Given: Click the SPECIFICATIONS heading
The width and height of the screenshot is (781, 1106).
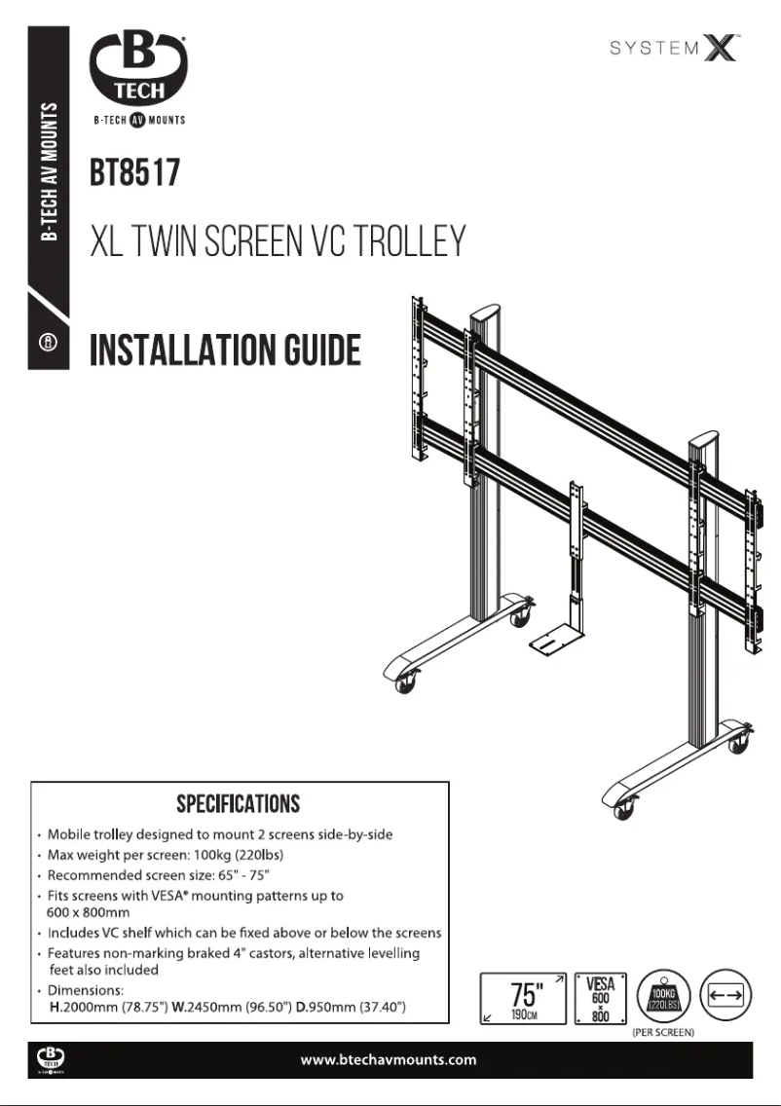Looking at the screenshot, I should tap(239, 804).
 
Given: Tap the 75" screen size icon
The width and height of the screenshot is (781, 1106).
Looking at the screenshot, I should tap(526, 998).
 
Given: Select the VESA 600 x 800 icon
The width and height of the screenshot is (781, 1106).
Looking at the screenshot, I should tap(600, 998).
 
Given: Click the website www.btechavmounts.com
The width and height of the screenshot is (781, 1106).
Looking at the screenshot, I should tap(390, 1059).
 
